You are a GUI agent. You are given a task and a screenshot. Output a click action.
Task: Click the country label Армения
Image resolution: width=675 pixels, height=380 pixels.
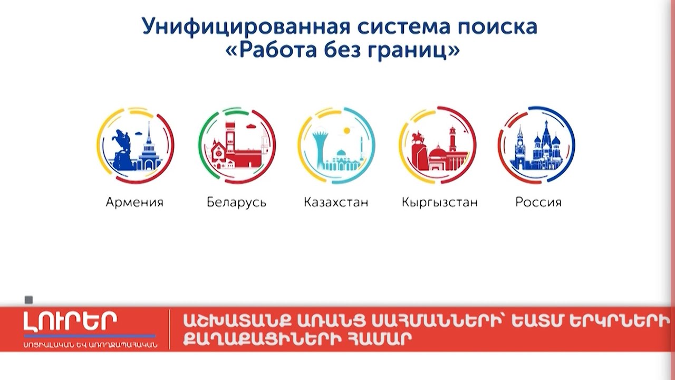[x=134, y=202]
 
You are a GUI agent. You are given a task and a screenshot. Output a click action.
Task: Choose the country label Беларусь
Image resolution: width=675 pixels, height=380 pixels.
[x=236, y=202]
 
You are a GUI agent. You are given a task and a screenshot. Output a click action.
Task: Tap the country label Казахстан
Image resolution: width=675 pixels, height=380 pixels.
[x=336, y=202]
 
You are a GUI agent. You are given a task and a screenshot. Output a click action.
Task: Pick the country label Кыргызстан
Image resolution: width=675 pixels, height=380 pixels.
[x=439, y=202]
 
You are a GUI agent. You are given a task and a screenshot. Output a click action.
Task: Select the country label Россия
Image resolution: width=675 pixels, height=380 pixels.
[x=538, y=202]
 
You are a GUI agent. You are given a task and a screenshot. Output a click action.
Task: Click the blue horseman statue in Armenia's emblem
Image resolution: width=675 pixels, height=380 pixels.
[x=122, y=145]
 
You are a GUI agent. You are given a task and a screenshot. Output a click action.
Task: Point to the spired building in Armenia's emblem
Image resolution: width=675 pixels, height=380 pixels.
[x=149, y=150]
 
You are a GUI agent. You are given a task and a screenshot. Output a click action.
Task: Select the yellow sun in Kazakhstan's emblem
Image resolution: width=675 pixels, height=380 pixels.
[x=346, y=130]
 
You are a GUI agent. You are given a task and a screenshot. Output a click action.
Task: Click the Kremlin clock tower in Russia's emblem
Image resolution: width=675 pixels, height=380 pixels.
[x=519, y=148]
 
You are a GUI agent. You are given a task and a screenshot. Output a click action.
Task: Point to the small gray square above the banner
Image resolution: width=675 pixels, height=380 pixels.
[x=29, y=300]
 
